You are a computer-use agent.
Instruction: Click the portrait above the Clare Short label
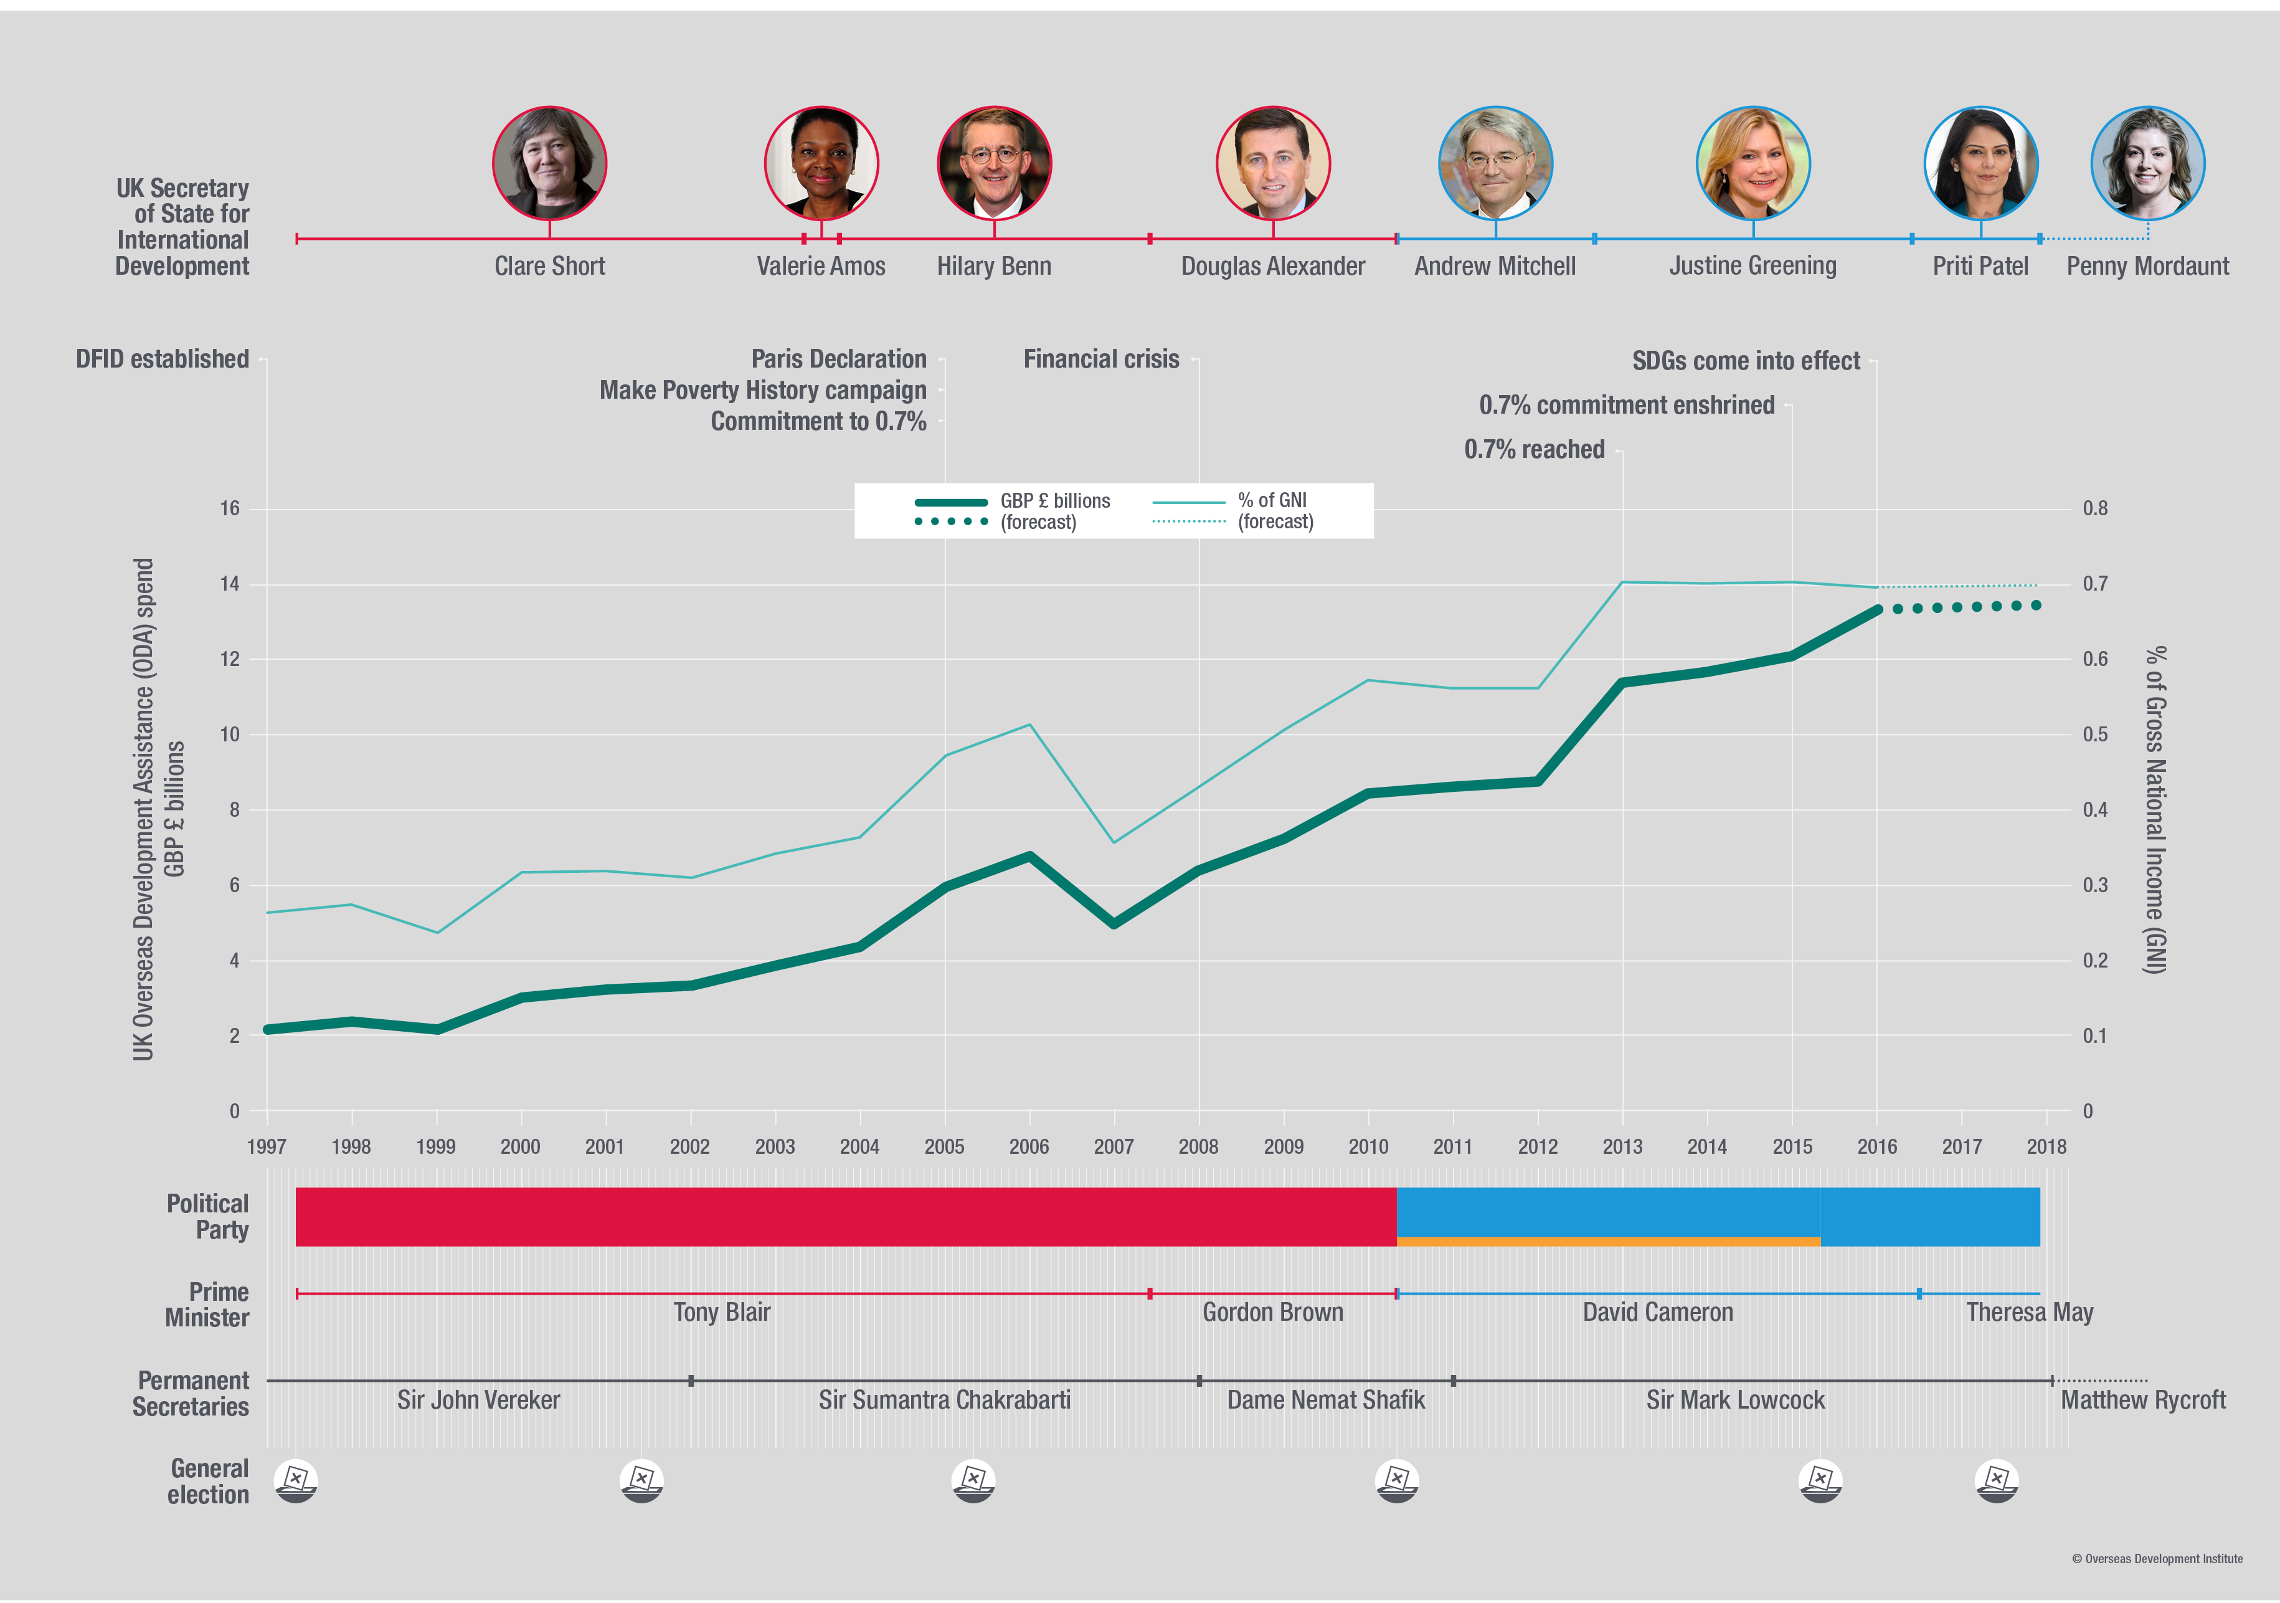[x=549, y=163]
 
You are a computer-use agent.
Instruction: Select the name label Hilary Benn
[x=994, y=266]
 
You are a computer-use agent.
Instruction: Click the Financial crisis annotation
[x=1101, y=358]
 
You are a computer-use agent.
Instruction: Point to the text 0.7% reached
[x=1535, y=449]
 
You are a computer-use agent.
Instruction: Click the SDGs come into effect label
[x=1746, y=361]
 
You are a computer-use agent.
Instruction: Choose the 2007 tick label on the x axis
[x=1113, y=1146]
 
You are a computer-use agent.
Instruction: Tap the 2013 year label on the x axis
[x=1622, y=1146]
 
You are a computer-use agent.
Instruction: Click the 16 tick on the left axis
[x=229, y=508]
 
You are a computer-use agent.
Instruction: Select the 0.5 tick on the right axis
[x=2094, y=734]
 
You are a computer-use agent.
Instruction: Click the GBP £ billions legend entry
[x=1054, y=500]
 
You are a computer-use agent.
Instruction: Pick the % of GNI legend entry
[x=1272, y=500]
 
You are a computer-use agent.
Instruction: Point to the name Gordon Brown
[x=1272, y=1312]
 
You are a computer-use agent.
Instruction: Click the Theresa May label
[x=2029, y=1312]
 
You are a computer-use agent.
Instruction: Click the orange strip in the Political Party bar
[x=1608, y=1242]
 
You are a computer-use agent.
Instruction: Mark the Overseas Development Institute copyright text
[x=2157, y=1558]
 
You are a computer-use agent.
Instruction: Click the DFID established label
[x=162, y=358]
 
